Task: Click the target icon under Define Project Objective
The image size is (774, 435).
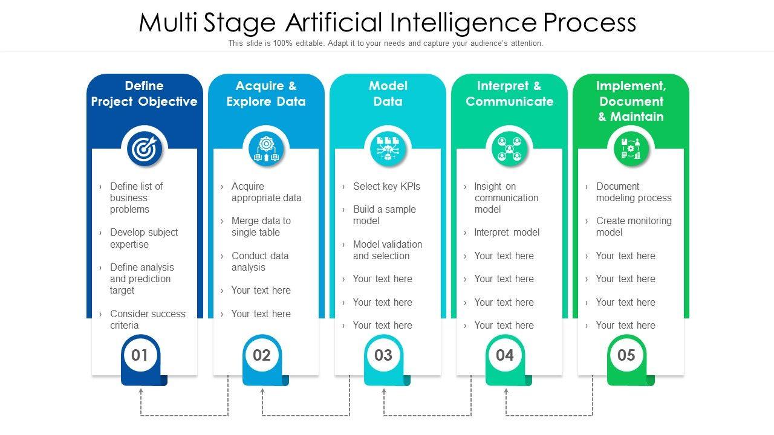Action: point(145,149)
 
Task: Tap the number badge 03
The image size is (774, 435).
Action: point(383,355)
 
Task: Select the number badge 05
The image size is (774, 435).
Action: point(626,355)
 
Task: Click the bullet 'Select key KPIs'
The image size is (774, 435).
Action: point(386,187)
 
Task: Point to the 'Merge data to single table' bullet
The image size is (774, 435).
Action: point(261,227)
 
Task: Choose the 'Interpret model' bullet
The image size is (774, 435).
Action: point(507,233)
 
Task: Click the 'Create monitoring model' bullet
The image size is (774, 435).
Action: point(633,227)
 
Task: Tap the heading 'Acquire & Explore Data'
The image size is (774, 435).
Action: point(266,94)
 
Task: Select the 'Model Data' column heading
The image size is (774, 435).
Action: point(388,94)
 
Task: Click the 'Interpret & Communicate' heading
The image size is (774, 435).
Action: point(509,94)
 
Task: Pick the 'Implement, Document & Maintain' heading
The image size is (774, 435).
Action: point(631,101)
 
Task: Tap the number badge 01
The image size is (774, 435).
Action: point(140,355)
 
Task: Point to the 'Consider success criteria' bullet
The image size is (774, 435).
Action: point(147,320)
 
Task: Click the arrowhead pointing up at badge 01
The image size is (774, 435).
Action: point(141,391)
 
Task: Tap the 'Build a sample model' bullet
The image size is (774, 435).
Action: point(384,215)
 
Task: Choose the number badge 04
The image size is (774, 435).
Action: point(505,355)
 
